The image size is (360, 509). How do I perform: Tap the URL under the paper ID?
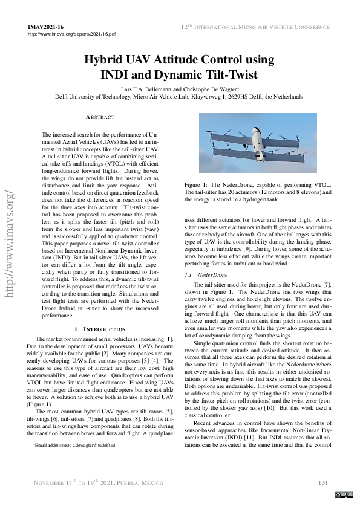click(x=71, y=35)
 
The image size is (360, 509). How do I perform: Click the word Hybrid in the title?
click(x=103, y=60)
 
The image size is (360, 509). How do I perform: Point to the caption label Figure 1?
click(x=197, y=184)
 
